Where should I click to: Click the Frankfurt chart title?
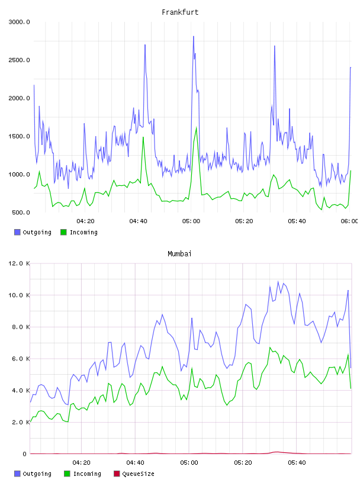pos(180,12)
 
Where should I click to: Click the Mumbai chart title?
pos(179,254)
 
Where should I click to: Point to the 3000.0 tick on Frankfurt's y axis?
pos(19,22)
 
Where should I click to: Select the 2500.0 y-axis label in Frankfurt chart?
pos(19,60)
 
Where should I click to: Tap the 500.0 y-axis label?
pos(21,212)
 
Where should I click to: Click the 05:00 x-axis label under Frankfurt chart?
pos(191,221)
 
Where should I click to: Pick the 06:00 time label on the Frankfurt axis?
pos(349,221)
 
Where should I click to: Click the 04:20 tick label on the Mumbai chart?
pos(81,463)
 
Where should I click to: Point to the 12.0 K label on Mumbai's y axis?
pos(19,263)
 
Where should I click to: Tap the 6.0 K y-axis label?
pos(21,359)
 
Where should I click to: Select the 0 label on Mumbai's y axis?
pos(24,454)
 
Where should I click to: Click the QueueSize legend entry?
pos(138,474)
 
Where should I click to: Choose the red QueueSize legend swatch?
pos(117,474)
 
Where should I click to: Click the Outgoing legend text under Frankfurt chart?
pos(37,232)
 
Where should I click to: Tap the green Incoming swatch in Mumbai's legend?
pos(67,474)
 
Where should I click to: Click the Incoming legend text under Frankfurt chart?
pos(83,232)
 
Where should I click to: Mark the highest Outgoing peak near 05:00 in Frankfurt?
pos(194,36)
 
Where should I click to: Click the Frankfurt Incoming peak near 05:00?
pos(197,127)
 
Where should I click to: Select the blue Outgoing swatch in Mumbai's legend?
pos(17,474)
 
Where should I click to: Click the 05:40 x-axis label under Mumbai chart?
pos(297,463)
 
